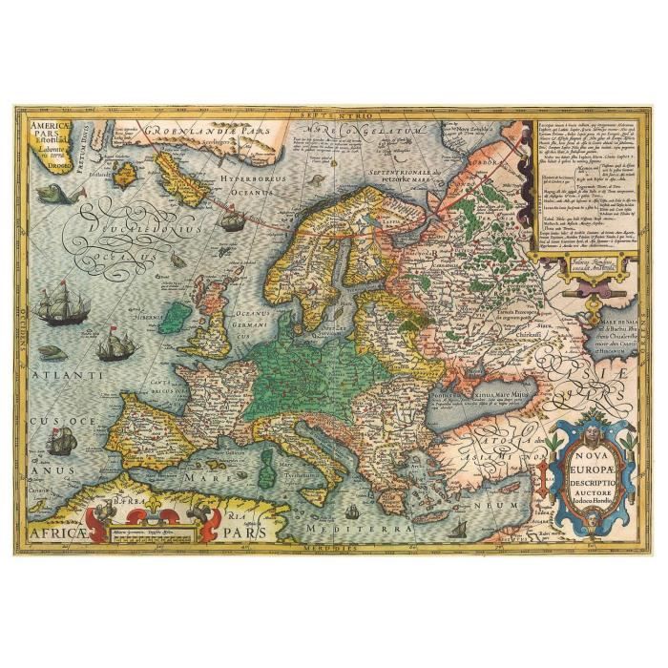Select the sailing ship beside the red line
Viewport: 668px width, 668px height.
tap(232, 220)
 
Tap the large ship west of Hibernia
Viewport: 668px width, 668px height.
tap(63, 307)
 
